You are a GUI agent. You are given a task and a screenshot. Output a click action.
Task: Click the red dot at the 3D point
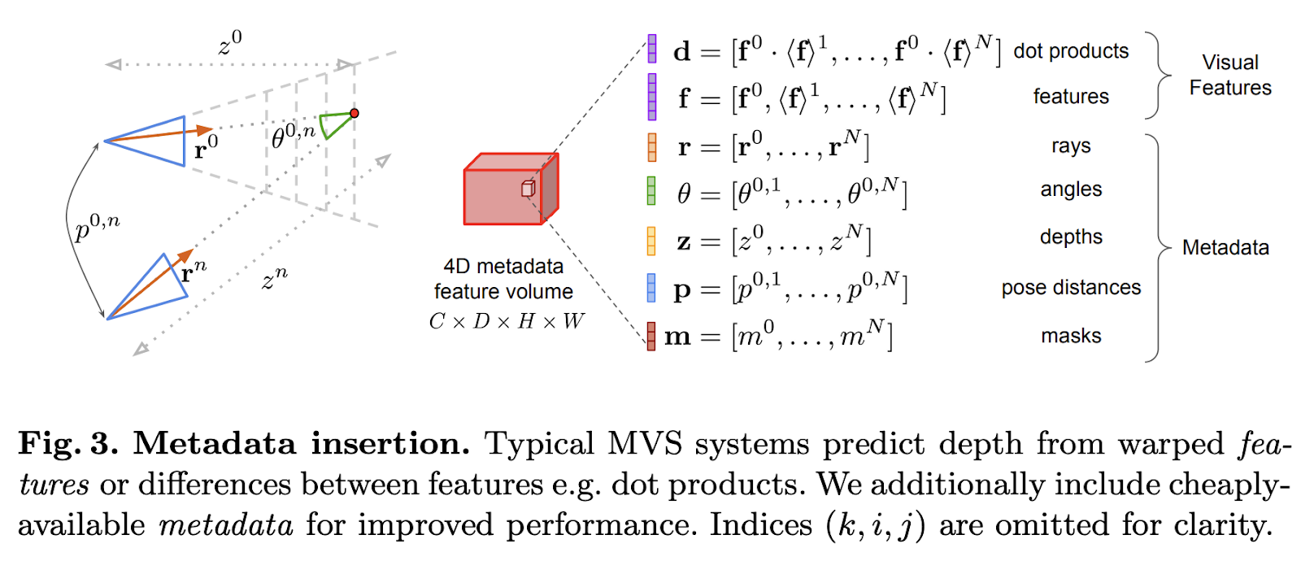coord(354,113)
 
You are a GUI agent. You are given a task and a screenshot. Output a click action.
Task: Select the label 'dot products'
coord(1071,51)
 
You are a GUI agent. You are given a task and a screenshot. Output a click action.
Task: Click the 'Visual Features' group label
coord(1229,75)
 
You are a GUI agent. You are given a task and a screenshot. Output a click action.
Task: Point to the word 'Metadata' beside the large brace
coord(1225,248)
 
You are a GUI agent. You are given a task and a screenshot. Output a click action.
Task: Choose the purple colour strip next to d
coord(652,49)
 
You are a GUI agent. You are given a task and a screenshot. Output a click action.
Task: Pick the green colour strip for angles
coord(651,192)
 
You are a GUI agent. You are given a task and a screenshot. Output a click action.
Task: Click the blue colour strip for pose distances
coord(651,288)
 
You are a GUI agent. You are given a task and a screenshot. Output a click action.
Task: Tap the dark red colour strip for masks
coord(651,336)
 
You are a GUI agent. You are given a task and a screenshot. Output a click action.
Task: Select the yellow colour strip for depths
coord(651,241)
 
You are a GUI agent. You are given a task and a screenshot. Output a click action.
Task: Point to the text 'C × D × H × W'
coord(507,322)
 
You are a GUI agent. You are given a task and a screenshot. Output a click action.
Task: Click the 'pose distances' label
coord(1071,288)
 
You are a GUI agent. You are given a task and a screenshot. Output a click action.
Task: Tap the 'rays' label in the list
coord(1070,146)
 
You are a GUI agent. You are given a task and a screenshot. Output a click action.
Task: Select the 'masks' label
coord(1071,336)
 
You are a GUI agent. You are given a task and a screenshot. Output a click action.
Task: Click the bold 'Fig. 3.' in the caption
coord(68,444)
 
